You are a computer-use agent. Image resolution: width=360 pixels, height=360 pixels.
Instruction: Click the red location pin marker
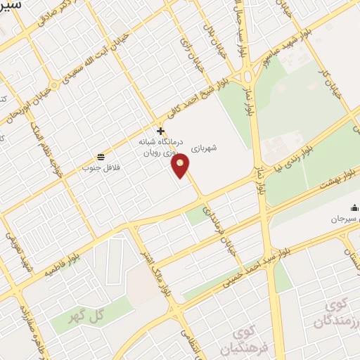[x=181, y=167]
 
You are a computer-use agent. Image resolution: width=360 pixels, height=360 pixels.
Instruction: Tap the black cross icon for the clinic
[x=161, y=131]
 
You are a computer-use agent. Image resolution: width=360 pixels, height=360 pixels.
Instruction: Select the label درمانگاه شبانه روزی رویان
[x=160, y=146]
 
